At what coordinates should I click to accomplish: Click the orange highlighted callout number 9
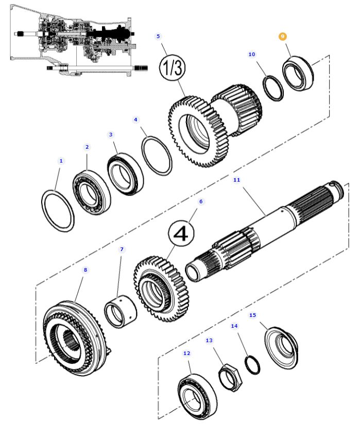pyautogui.click(x=282, y=37)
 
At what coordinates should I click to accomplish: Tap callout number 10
pyautogui.click(x=252, y=54)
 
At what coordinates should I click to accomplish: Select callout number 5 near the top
pyautogui.click(x=158, y=37)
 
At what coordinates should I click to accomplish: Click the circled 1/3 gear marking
pyautogui.click(x=172, y=67)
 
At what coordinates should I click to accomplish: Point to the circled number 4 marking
pyautogui.click(x=181, y=233)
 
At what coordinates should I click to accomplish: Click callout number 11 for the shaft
pyautogui.click(x=236, y=180)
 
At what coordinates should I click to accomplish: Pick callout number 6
pyautogui.click(x=201, y=201)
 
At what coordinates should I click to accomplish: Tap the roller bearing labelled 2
pyautogui.click(x=92, y=192)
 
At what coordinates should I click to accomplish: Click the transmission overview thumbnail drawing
pyautogui.click(x=79, y=41)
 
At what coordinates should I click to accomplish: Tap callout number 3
pyautogui.click(x=111, y=134)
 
